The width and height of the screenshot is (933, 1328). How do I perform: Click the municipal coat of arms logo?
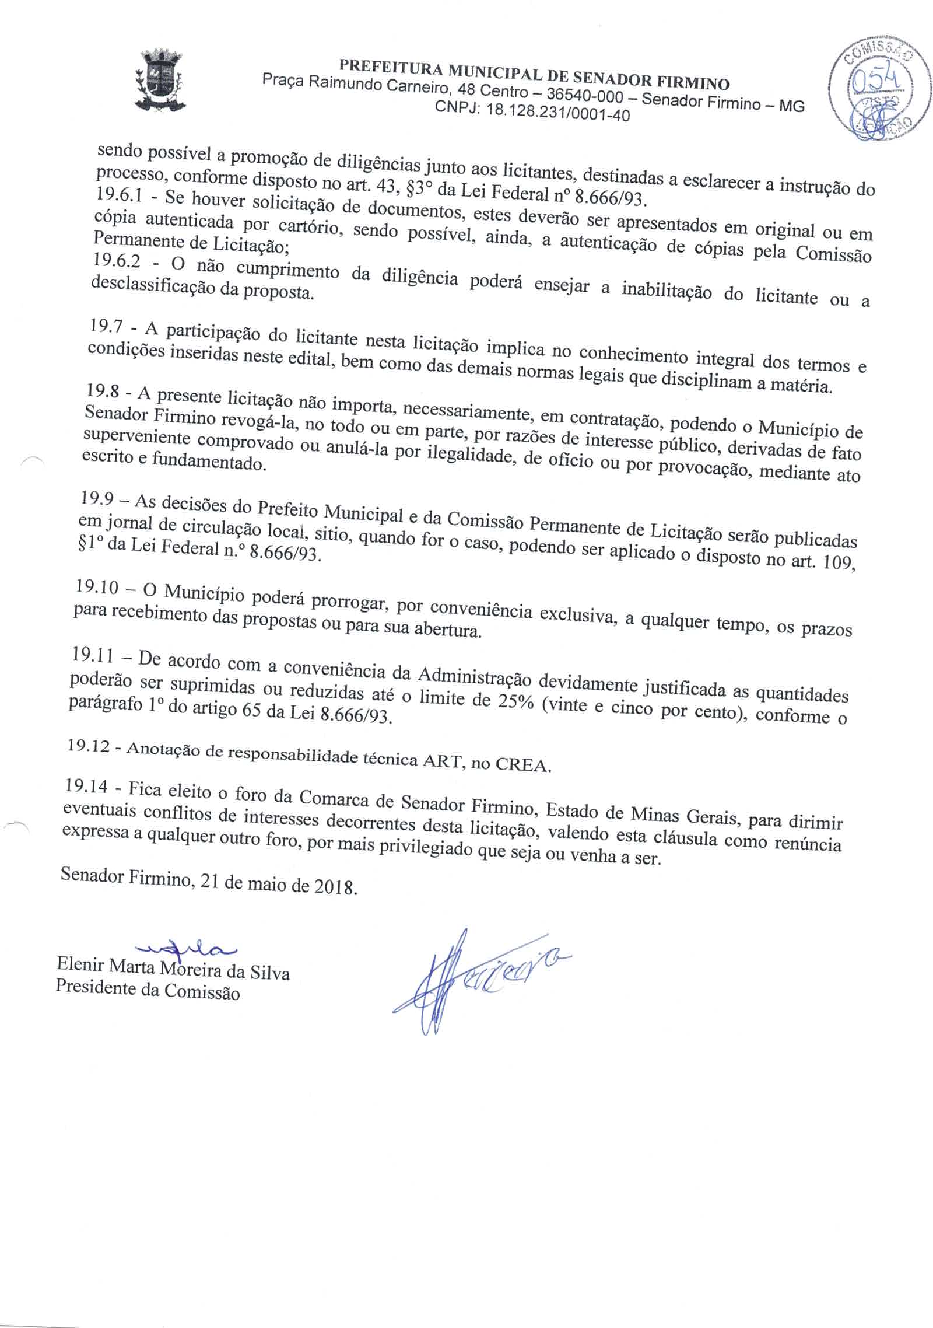pos(159,81)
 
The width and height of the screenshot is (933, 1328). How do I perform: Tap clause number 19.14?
pos(86,787)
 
